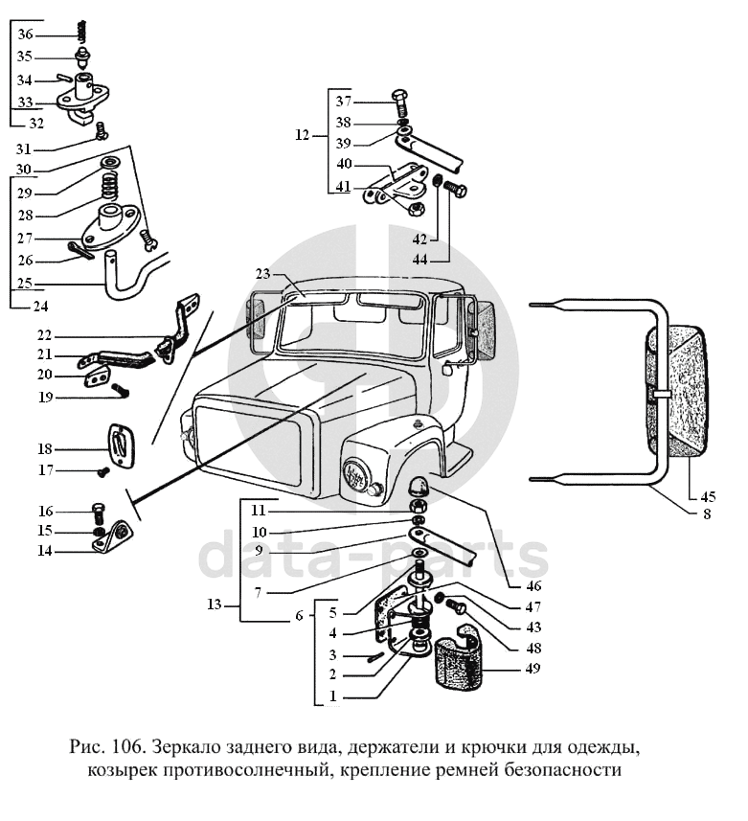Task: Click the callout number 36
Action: pyautogui.click(x=25, y=34)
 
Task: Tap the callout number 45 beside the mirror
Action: pyautogui.click(x=707, y=496)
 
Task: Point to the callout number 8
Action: pyautogui.click(x=707, y=514)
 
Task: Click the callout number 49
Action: pyautogui.click(x=533, y=669)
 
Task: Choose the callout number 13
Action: pyautogui.click(x=215, y=604)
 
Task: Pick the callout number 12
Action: pyautogui.click(x=303, y=136)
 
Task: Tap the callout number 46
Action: pyautogui.click(x=533, y=586)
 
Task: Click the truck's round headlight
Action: pyautogui.click(x=356, y=474)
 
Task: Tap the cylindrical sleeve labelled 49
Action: pyautogui.click(x=455, y=660)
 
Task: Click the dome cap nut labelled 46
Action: pyautogui.click(x=419, y=486)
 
